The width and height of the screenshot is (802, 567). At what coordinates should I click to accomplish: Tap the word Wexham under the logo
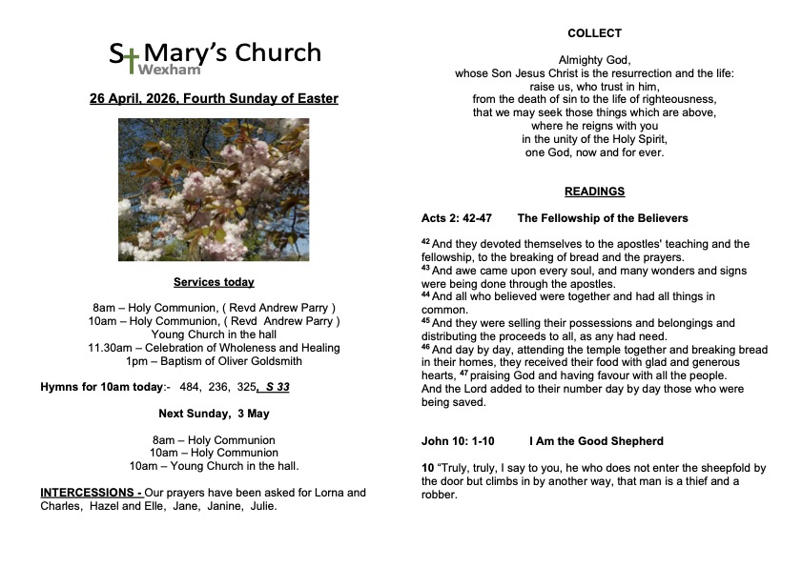164,70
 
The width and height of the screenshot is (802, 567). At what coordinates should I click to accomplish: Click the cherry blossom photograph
214,189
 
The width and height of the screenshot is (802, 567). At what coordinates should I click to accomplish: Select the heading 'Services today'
214,282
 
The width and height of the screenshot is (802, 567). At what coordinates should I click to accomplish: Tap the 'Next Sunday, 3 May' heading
214,414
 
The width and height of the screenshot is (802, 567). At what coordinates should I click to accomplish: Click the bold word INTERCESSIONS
90,493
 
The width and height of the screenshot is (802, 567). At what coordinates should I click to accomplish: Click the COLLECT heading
594,33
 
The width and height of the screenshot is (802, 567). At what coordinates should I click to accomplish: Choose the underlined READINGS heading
594,192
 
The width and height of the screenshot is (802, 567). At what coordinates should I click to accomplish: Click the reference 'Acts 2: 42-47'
457,218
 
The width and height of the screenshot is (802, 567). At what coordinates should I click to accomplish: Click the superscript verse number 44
426,296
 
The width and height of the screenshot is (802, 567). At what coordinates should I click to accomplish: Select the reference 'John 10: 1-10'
458,441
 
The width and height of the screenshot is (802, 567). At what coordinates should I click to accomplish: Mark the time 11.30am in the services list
108,348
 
